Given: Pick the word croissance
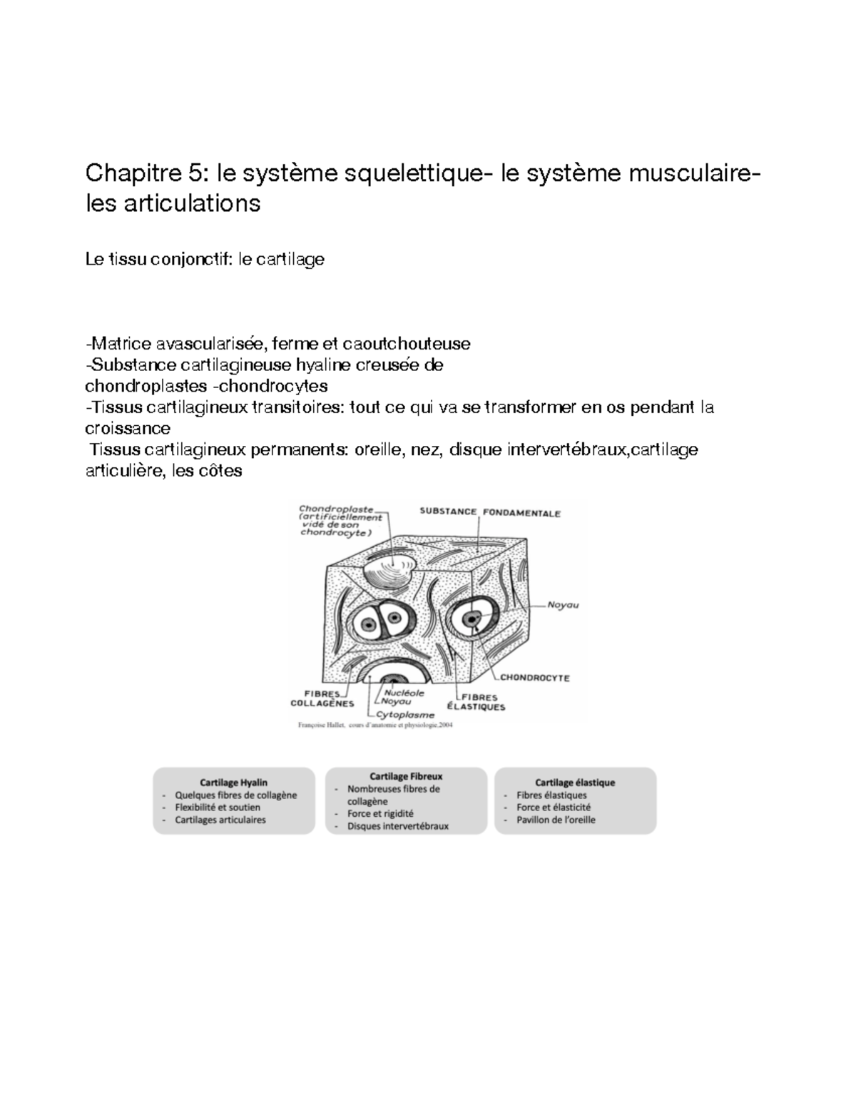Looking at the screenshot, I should (x=128, y=428).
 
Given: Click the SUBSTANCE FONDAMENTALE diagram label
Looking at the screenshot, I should (x=489, y=512).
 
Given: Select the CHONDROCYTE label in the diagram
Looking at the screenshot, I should (x=534, y=678).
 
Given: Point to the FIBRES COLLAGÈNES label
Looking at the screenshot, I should (x=322, y=698).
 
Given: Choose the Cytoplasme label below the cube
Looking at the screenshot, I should (x=404, y=714).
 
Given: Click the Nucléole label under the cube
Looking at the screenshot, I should (x=404, y=692).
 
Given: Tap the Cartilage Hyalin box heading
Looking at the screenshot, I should (x=234, y=783).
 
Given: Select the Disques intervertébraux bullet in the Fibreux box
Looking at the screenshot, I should (x=398, y=826).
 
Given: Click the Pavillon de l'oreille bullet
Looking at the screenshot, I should (x=556, y=820).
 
